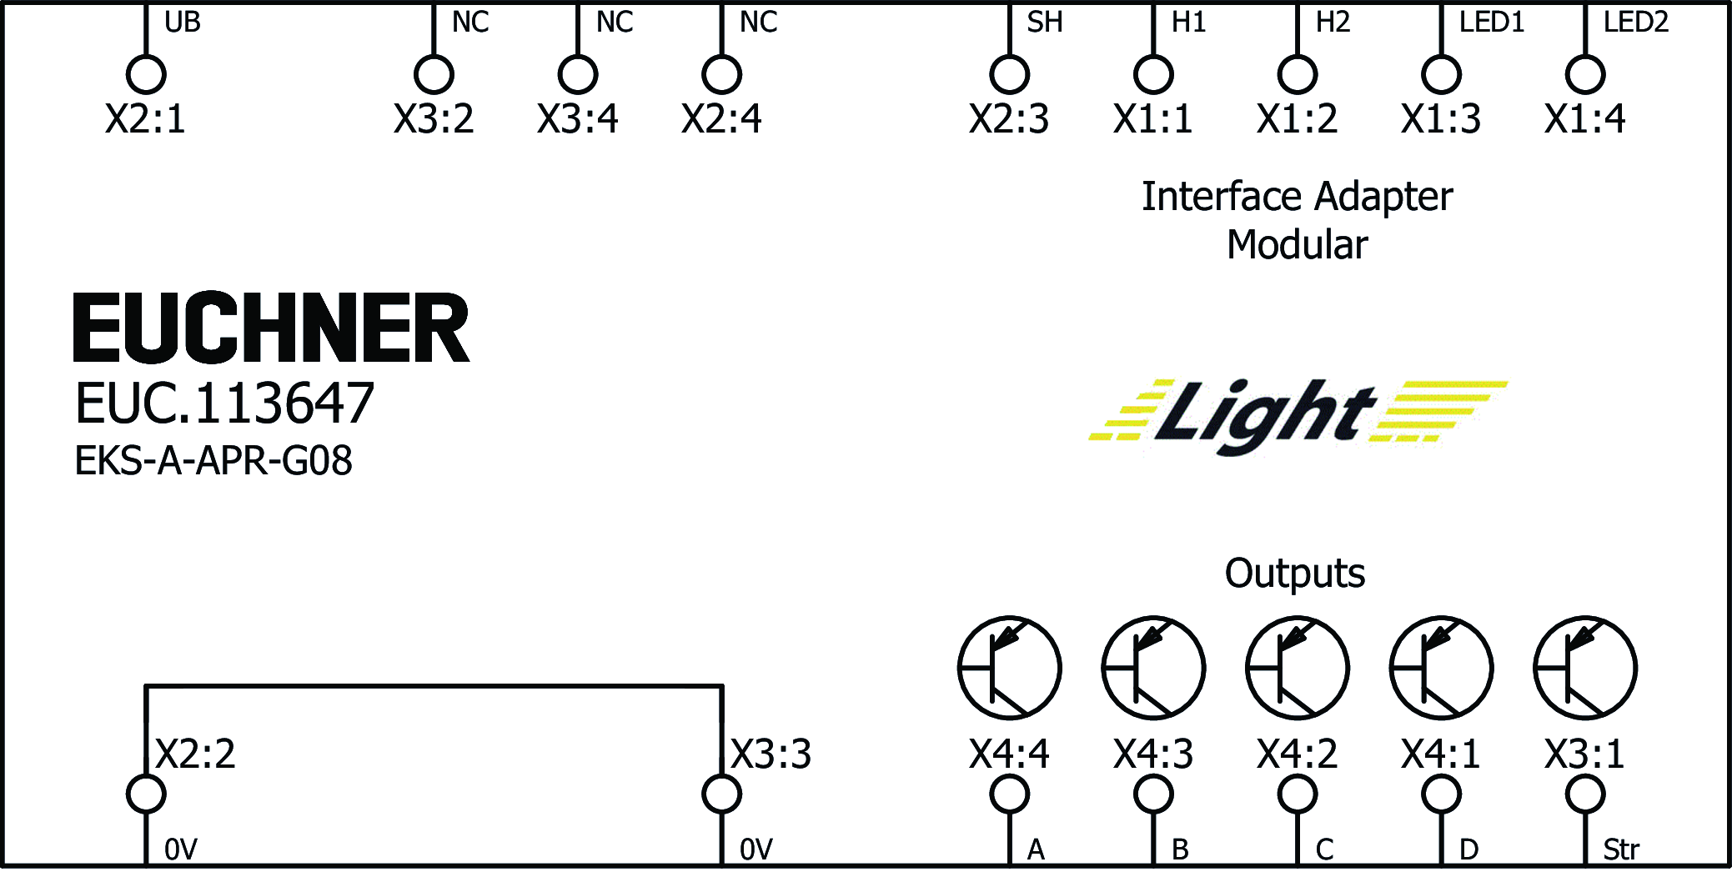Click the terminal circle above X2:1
[146, 74]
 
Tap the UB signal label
[182, 23]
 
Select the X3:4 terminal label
[577, 119]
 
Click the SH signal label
[1044, 23]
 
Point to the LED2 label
[1635, 23]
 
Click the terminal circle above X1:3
[1441, 74]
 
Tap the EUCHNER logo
[271, 328]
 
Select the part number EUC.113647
[224, 403]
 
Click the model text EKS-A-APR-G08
[213, 461]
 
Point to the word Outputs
[1294, 574]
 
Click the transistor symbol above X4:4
[1009, 668]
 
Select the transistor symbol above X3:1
[1584, 668]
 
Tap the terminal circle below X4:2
[1298, 794]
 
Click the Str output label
[1620, 849]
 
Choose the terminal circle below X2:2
[146, 794]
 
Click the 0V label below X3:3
[756, 849]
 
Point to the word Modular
[1297, 245]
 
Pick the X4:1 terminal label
[1440, 754]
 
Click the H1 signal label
[1188, 23]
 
